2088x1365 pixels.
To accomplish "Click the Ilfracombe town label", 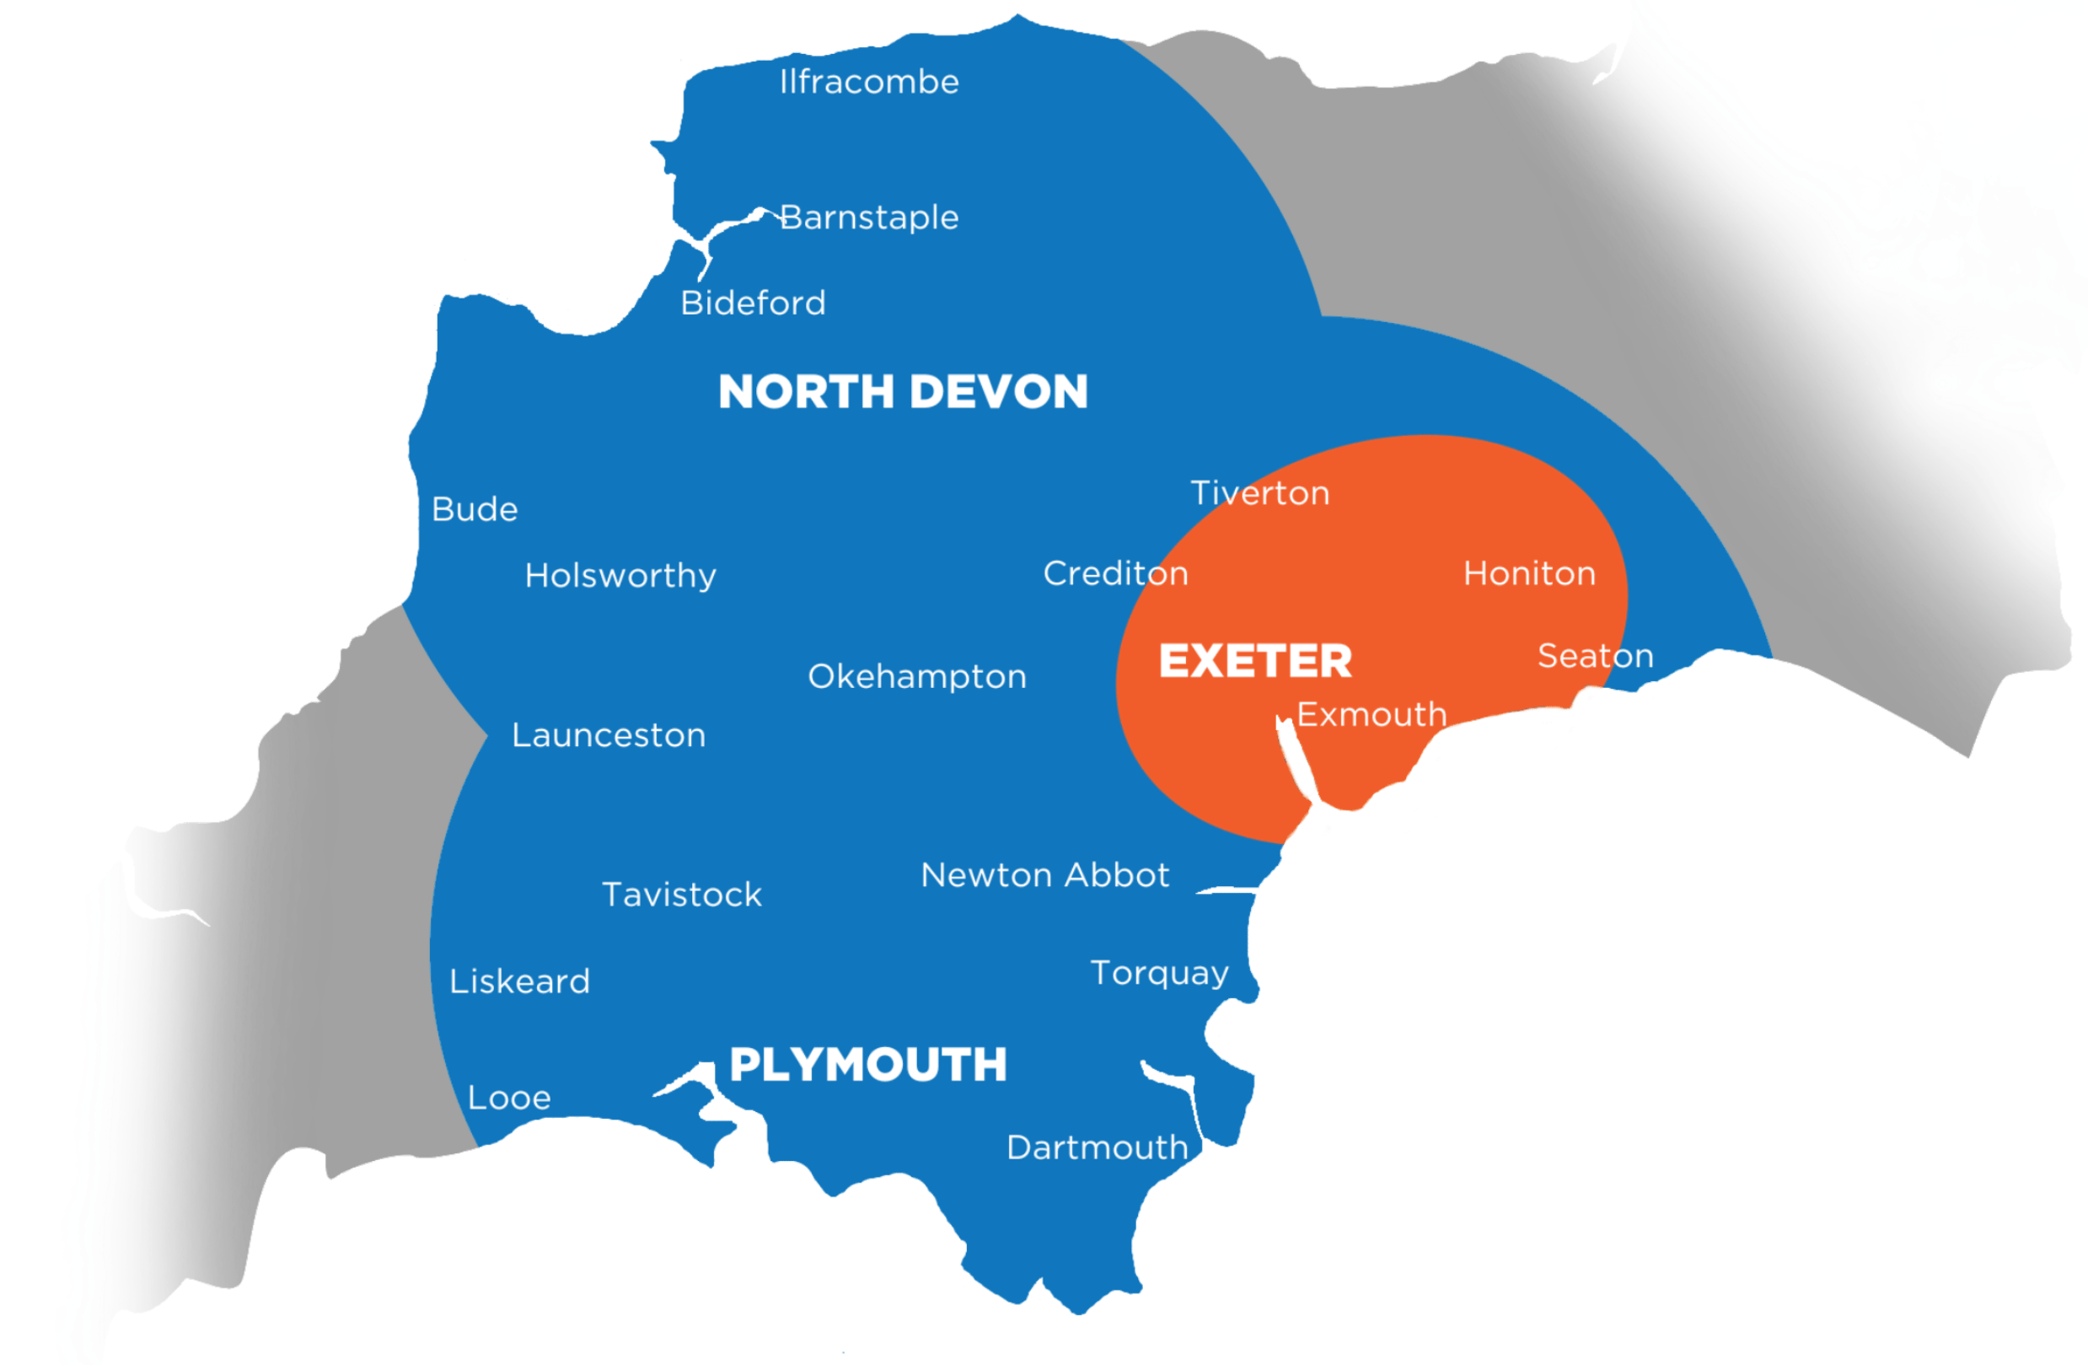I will [x=868, y=82].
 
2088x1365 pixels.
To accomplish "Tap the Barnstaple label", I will [x=868, y=218].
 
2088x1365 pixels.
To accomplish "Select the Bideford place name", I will [x=753, y=303].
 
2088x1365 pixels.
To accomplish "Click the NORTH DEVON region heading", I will [x=903, y=391].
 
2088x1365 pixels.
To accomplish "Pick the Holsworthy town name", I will [x=620, y=576].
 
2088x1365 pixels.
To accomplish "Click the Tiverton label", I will [x=1260, y=493].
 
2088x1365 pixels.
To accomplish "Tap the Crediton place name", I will [x=1115, y=572].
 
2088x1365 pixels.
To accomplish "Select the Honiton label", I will [x=1529, y=572].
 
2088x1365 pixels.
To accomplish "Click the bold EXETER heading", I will [x=1255, y=660].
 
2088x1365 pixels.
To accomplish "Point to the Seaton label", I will [x=1595, y=655].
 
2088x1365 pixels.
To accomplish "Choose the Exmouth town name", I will [x=1371, y=714].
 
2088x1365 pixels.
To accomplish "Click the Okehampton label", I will [x=917, y=676].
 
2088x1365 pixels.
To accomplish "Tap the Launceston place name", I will [x=609, y=735].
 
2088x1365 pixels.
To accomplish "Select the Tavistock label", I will [x=682, y=895].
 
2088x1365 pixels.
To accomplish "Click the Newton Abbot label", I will [x=1045, y=874].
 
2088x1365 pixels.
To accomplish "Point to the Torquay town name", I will [x=1159, y=973].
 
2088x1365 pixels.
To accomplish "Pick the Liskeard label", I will [x=519, y=981].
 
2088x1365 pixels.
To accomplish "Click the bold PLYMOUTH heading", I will [x=867, y=1065].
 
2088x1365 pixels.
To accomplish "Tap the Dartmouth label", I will [x=1097, y=1147].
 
